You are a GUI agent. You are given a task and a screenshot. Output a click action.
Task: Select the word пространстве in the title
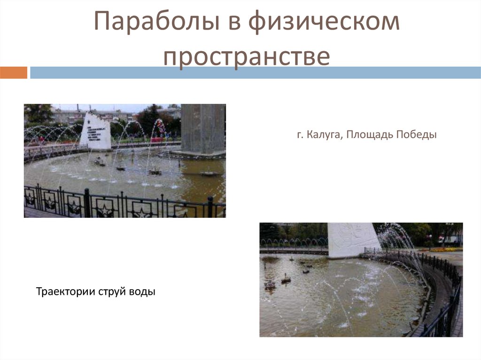(x=247, y=56)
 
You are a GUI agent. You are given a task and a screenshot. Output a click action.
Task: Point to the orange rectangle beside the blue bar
(x=14, y=73)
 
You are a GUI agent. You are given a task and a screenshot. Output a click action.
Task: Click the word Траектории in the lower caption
(x=66, y=292)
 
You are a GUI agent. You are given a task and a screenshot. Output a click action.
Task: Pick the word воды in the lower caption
(x=143, y=292)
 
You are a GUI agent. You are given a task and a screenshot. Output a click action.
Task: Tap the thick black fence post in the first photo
(x=86, y=203)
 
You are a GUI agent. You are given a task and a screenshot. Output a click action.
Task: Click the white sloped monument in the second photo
(x=351, y=239)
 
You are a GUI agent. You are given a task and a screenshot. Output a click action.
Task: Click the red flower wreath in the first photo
(x=160, y=126)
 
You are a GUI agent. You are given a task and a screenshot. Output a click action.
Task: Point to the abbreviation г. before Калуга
(x=300, y=135)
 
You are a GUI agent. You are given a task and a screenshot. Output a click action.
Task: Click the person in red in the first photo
(x=41, y=139)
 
